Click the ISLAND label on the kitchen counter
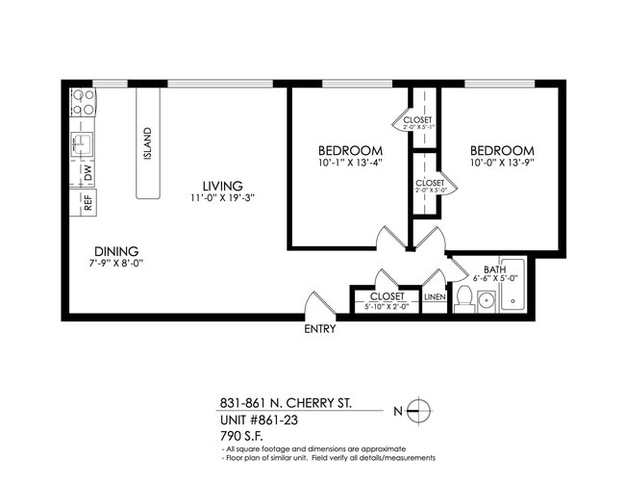[x=147, y=143]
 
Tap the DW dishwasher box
[x=87, y=173]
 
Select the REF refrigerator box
[x=87, y=202]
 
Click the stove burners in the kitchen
[x=83, y=102]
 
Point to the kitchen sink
[x=84, y=145]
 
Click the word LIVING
[x=222, y=186]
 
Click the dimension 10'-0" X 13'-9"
[x=501, y=165]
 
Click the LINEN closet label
[x=435, y=297]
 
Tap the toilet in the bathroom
[x=462, y=299]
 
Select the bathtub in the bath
[x=512, y=286]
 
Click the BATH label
[x=494, y=269]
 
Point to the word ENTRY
[x=319, y=329]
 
